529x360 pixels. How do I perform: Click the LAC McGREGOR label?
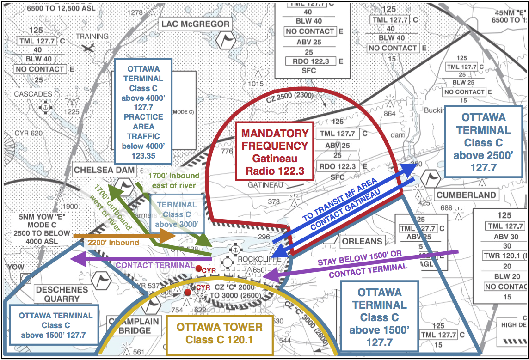click(196, 24)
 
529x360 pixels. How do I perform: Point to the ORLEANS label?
click(362, 241)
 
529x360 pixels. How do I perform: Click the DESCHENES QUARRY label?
click(62, 294)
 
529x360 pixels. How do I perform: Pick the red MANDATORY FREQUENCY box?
click(274, 152)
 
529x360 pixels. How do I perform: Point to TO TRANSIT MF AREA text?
click(340, 199)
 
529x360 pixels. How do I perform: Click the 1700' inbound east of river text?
click(173, 180)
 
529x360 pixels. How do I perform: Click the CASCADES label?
click(33, 94)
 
